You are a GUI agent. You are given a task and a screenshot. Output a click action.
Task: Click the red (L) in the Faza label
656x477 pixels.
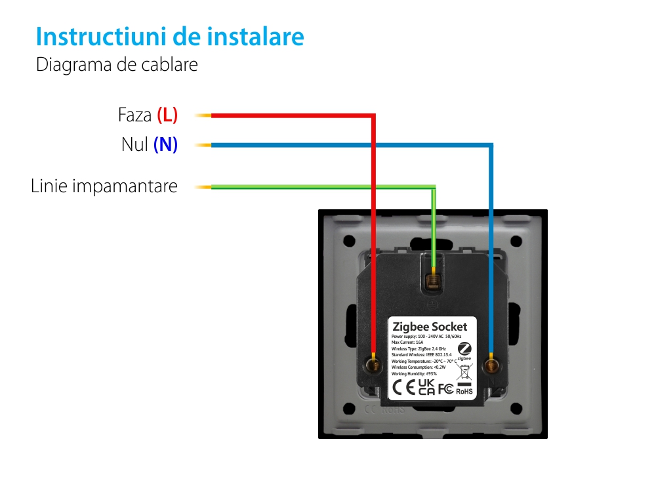(167, 115)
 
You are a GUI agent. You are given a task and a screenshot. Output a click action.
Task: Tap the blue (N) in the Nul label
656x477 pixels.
(165, 144)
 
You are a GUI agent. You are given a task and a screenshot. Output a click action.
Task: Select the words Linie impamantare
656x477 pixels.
(104, 186)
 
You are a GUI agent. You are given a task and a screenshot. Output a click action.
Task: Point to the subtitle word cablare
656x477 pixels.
(170, 66)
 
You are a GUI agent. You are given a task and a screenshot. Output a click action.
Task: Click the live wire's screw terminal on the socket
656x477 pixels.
(373, 363)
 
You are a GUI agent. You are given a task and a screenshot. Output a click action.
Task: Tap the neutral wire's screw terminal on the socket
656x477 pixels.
(490, 364)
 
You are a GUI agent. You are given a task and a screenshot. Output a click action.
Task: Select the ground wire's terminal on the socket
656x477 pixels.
(432, 281)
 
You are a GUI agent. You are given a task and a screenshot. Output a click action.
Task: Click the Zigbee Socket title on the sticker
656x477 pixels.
(430, 327)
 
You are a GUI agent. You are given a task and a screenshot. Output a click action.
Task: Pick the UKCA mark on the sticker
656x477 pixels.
(426, 387)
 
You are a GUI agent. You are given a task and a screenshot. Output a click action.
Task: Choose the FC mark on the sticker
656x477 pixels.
(445, 388)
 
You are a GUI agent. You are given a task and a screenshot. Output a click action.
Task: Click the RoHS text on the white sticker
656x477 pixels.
(464, 391)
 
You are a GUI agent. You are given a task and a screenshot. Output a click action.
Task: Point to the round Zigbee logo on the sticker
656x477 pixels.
(464, 349)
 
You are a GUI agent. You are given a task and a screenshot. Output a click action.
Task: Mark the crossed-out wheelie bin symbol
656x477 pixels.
(464, 373)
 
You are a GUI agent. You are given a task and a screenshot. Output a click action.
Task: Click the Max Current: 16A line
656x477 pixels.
(407, 342)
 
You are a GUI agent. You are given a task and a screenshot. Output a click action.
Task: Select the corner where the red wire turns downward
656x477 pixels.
(373, 116)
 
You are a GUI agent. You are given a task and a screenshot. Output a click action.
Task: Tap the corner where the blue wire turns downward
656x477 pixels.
(491, 145)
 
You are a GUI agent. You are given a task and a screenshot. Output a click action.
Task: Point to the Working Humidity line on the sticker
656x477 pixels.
(414, 373)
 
